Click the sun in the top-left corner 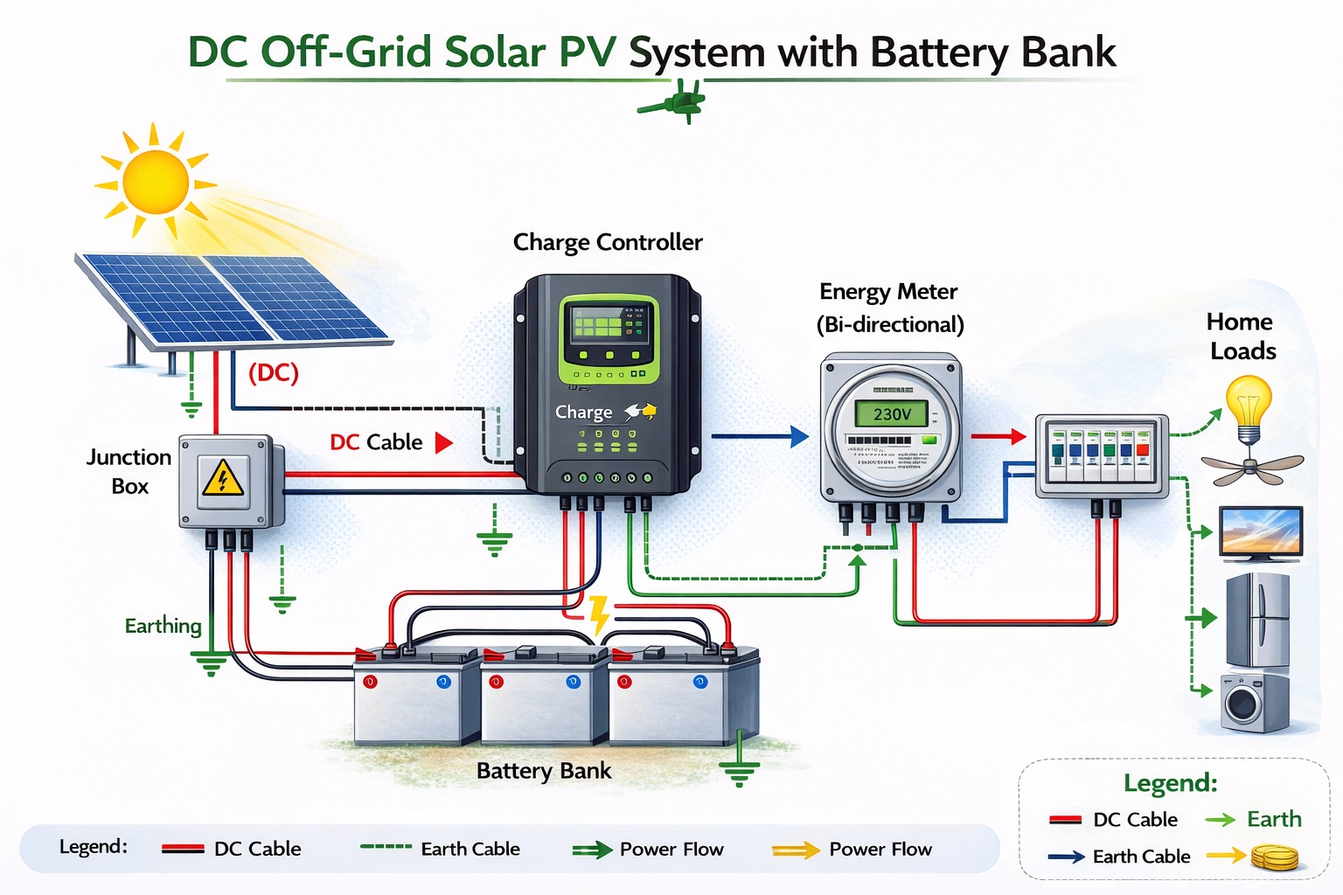pyautogui.click(x=156, y=182)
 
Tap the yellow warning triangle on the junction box pyautogui.click(x=223, y=479)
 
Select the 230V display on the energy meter pyautogui.click(x=891, y=413)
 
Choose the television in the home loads pyautogui.click(x=1261, y=532)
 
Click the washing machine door pyautogui.click(x=1242, y=703)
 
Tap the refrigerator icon pyautogui.click(x=1257, y=620)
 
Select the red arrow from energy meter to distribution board pyautogui.click(x=998, y=435)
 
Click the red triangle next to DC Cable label pyautogui.click(x=443, y=442)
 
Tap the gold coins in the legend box pyautogui.click(x=1274, y=857)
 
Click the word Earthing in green pyautogui.click(x=163, y=626)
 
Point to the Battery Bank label pyautogui.click(x=543, y=771)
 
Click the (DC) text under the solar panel pyautogui.click(x=273, y=373)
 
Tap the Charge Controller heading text pyautogui.click(x=607, y=242)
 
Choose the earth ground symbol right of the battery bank pyautogui.click(x=739, y=770)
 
